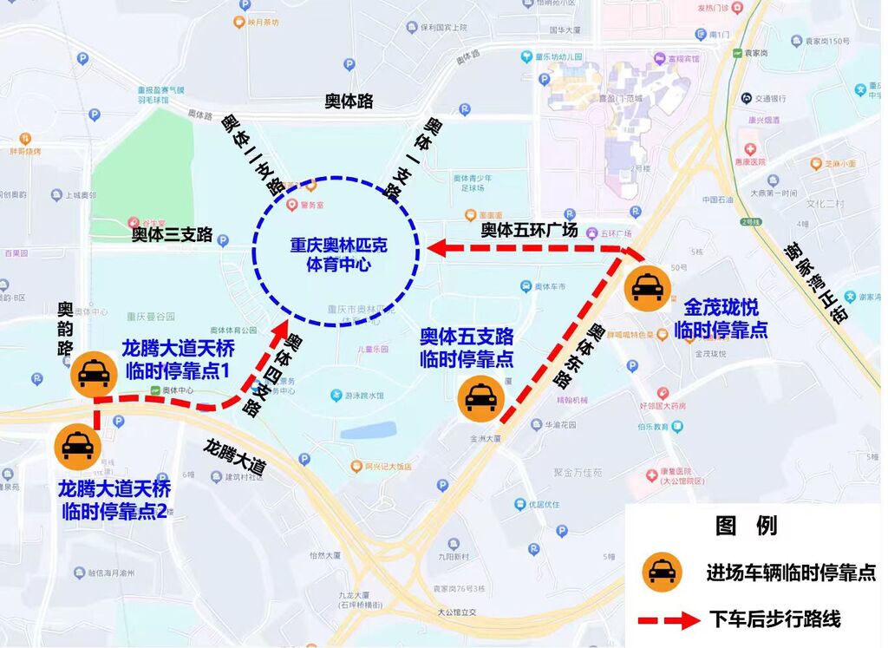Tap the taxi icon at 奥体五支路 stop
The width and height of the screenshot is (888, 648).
(480, 396)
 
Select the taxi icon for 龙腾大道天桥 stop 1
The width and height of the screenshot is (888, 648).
(93, 373)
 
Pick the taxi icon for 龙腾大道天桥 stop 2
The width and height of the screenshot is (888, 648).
(77, 445)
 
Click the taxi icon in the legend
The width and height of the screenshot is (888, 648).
(662, 572)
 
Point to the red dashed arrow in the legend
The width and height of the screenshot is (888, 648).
(669, 620)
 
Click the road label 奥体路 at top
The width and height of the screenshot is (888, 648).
(349, 101)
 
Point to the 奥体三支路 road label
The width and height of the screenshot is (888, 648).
(172, 234)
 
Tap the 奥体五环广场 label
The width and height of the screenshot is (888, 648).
(529, 231)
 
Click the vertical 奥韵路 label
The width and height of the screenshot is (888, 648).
(65, 330)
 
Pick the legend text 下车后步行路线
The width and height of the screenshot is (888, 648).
(774, 619)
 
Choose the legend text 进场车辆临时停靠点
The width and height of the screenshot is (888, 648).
(790, 573)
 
